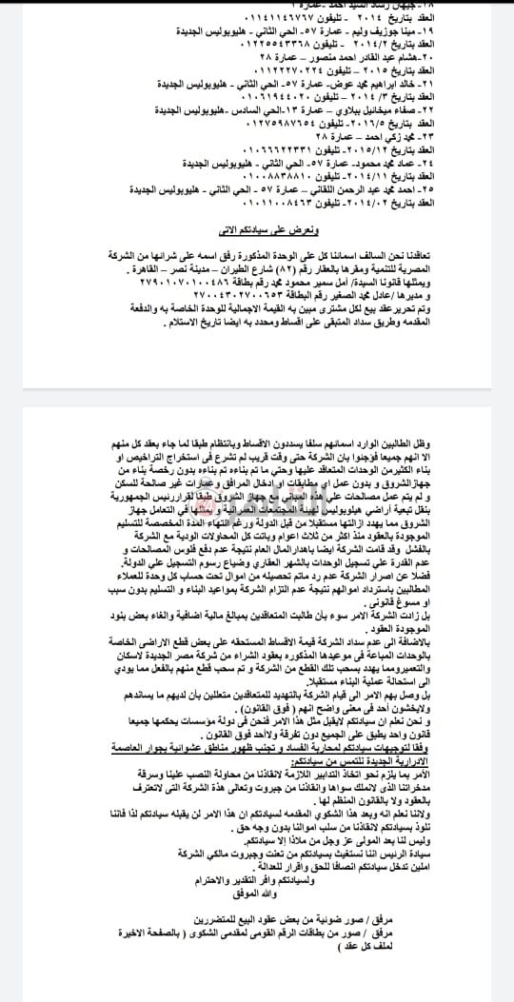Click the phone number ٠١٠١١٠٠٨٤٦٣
tap(247, 205)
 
